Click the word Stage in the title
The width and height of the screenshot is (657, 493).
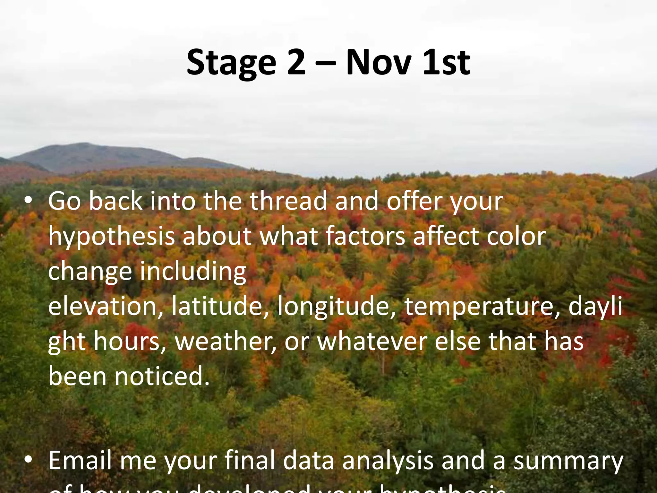[x=231, y=63]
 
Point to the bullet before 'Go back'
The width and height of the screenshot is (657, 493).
[x=29, y=201]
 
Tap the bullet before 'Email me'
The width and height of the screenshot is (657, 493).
[x=29, y=460]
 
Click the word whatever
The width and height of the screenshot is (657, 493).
[x=372, y=342]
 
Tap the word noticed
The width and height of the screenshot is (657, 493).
[x=162, y=376]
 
